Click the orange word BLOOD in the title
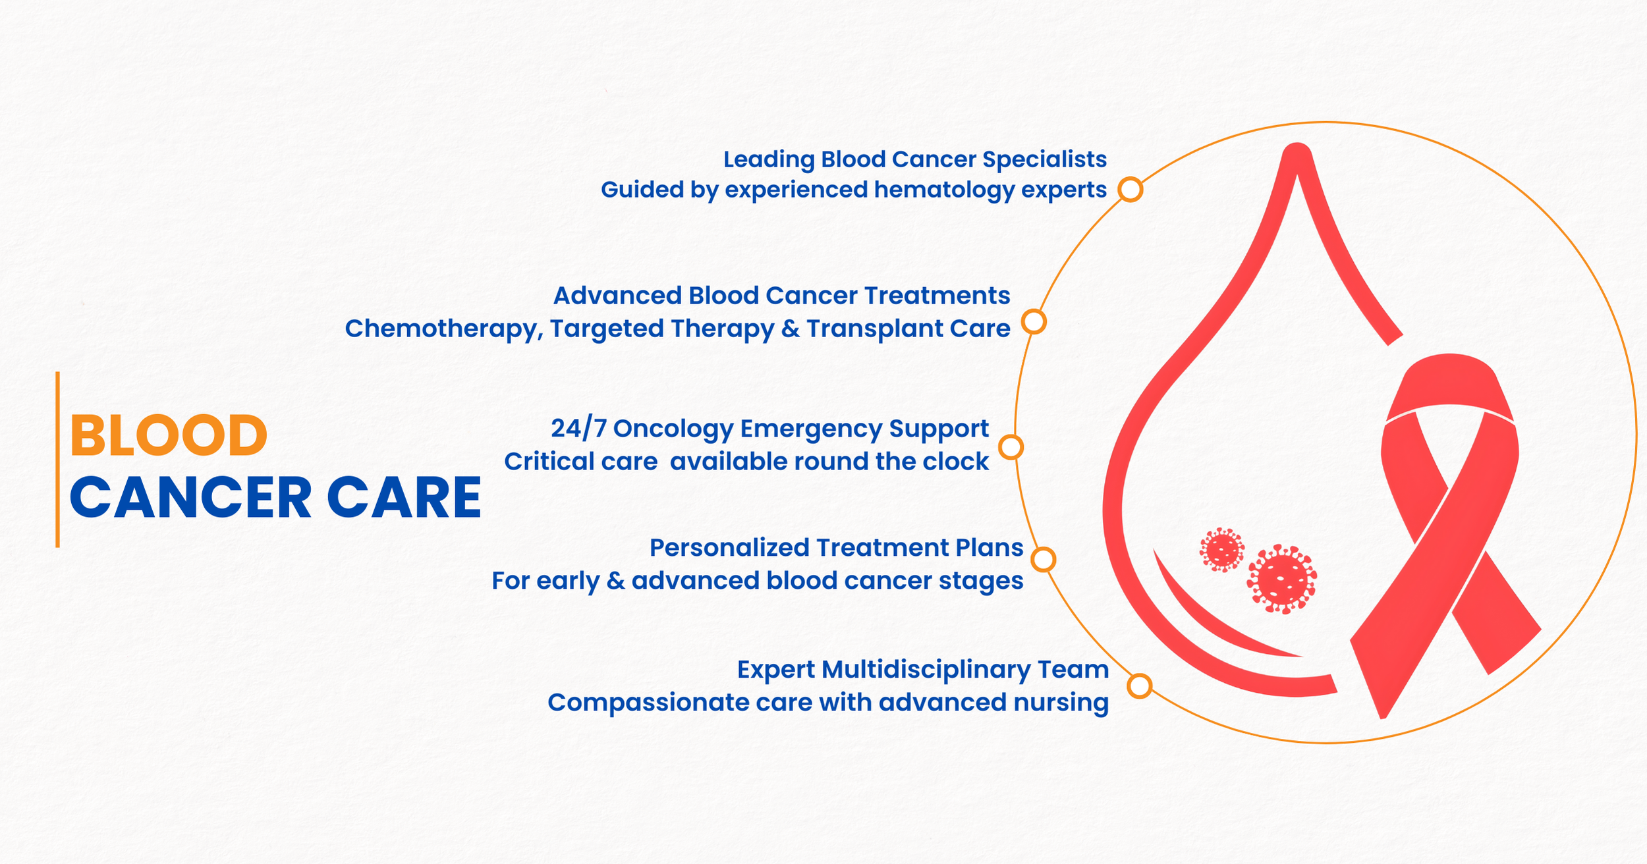169,435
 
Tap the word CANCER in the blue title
190,497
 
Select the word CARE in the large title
405,497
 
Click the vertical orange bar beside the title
58,460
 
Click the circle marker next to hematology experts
1131,190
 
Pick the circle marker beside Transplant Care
1034,322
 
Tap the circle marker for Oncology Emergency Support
1011,447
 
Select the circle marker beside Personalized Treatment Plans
1044,560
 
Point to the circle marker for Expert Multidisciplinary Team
1139,686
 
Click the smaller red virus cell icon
1222,550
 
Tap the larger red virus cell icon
1281,580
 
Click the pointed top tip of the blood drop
1297,146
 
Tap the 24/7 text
578,429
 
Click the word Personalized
729,548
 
